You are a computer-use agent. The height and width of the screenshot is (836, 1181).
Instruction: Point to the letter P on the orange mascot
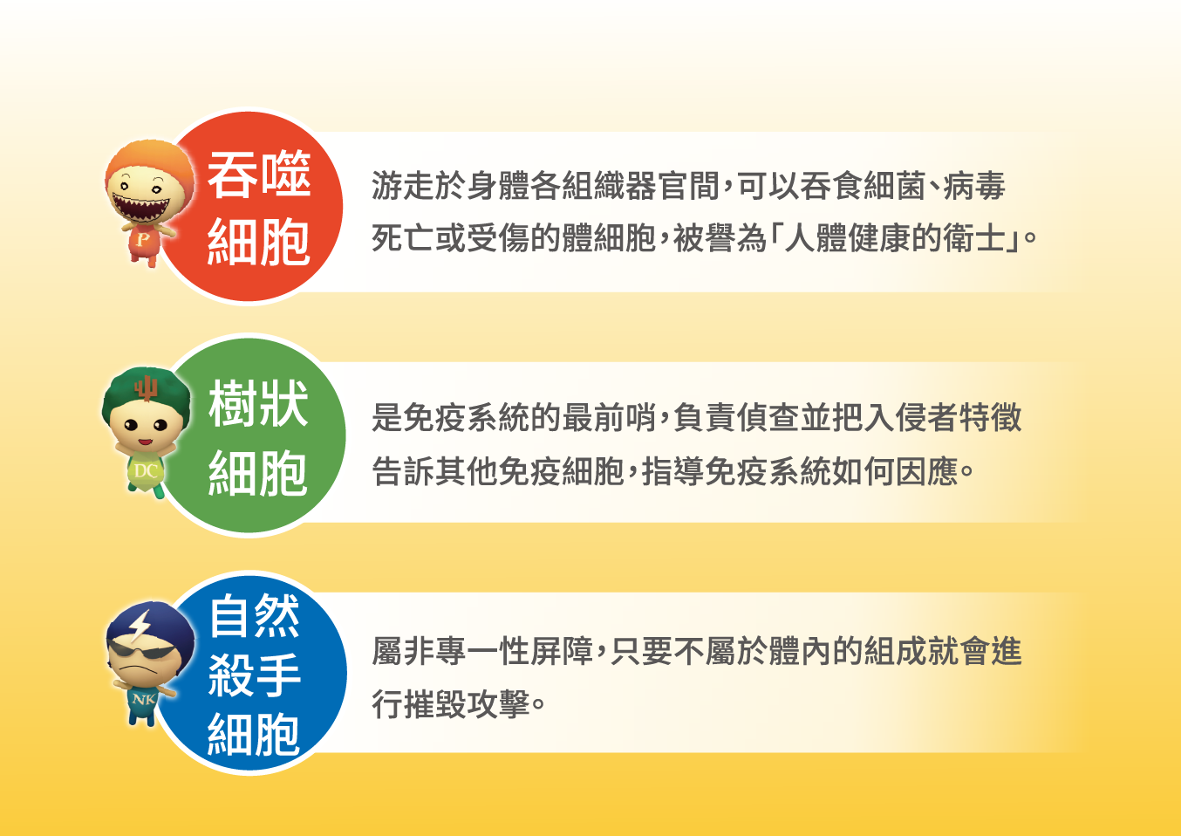(142, 240)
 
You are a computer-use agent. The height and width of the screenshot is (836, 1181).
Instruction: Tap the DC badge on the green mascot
(146, 470)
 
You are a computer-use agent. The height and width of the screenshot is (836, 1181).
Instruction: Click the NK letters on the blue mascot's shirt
(143, 699)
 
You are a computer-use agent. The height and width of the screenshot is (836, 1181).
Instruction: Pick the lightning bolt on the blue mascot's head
(140, 627)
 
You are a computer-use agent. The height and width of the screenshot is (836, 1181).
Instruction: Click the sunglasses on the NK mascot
(140, 650)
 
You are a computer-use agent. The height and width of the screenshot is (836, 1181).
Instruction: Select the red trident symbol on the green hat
(146, 388)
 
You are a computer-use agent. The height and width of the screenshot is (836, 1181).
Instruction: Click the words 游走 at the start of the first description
(402, 186)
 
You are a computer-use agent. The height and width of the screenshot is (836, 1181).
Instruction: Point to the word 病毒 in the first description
(973, 186)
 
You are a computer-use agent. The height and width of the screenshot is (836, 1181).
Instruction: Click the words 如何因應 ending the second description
(895, 470)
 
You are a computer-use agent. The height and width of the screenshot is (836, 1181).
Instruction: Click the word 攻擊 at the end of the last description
(498, 703)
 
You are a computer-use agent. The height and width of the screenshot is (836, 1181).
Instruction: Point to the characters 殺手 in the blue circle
(254, 675)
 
